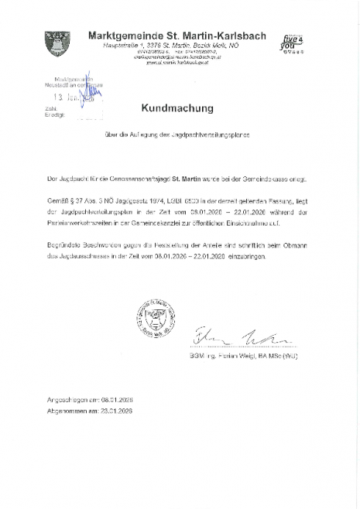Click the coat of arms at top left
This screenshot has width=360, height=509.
[58, 44]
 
